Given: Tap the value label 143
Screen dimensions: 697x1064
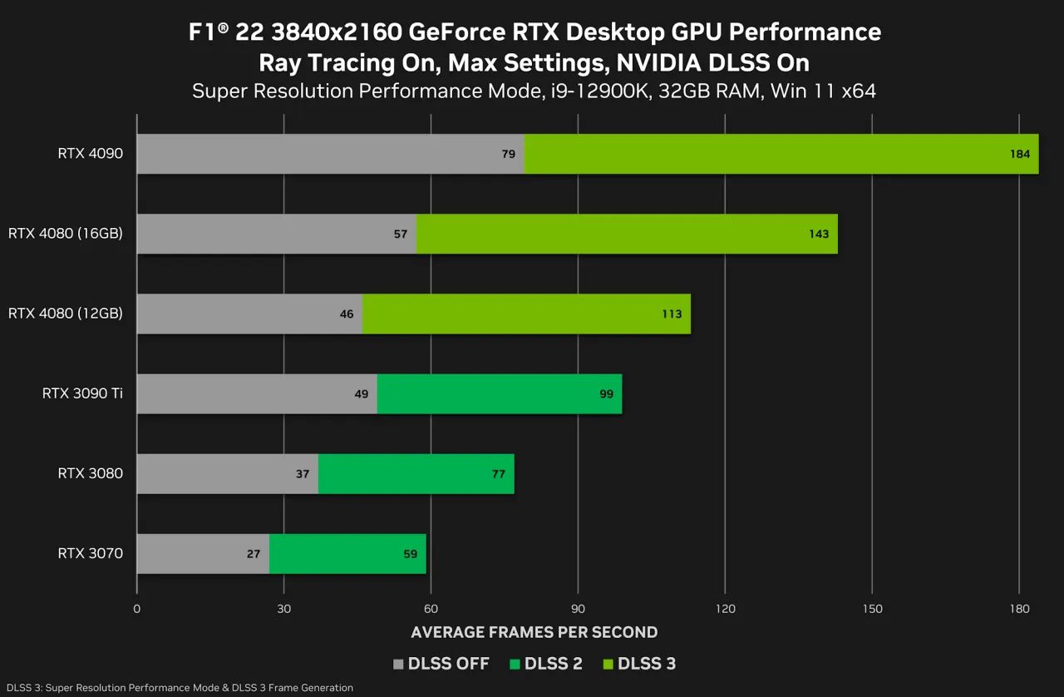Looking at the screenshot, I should pos(819,234).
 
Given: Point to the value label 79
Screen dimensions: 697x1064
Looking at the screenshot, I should pos(508,154).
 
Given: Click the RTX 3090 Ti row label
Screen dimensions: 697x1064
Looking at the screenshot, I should pos(82,393).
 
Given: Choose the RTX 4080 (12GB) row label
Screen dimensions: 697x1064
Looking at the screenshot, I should pos(66,314).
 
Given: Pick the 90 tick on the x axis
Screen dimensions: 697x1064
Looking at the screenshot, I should pos(578,609).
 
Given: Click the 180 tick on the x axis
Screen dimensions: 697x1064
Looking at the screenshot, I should pos(1019,609).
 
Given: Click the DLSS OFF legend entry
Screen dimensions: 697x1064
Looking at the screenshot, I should pos(441,664).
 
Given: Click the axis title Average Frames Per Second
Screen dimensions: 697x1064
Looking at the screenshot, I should pos(534,632).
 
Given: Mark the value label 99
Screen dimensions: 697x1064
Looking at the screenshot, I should pos(606,394).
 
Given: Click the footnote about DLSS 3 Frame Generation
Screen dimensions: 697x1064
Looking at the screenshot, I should pos(180,688).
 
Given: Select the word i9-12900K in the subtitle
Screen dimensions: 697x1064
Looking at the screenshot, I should pos(599,91).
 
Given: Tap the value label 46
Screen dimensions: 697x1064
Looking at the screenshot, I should pos(347,314).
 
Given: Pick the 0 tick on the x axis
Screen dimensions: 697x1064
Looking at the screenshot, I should pos(136,609).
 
